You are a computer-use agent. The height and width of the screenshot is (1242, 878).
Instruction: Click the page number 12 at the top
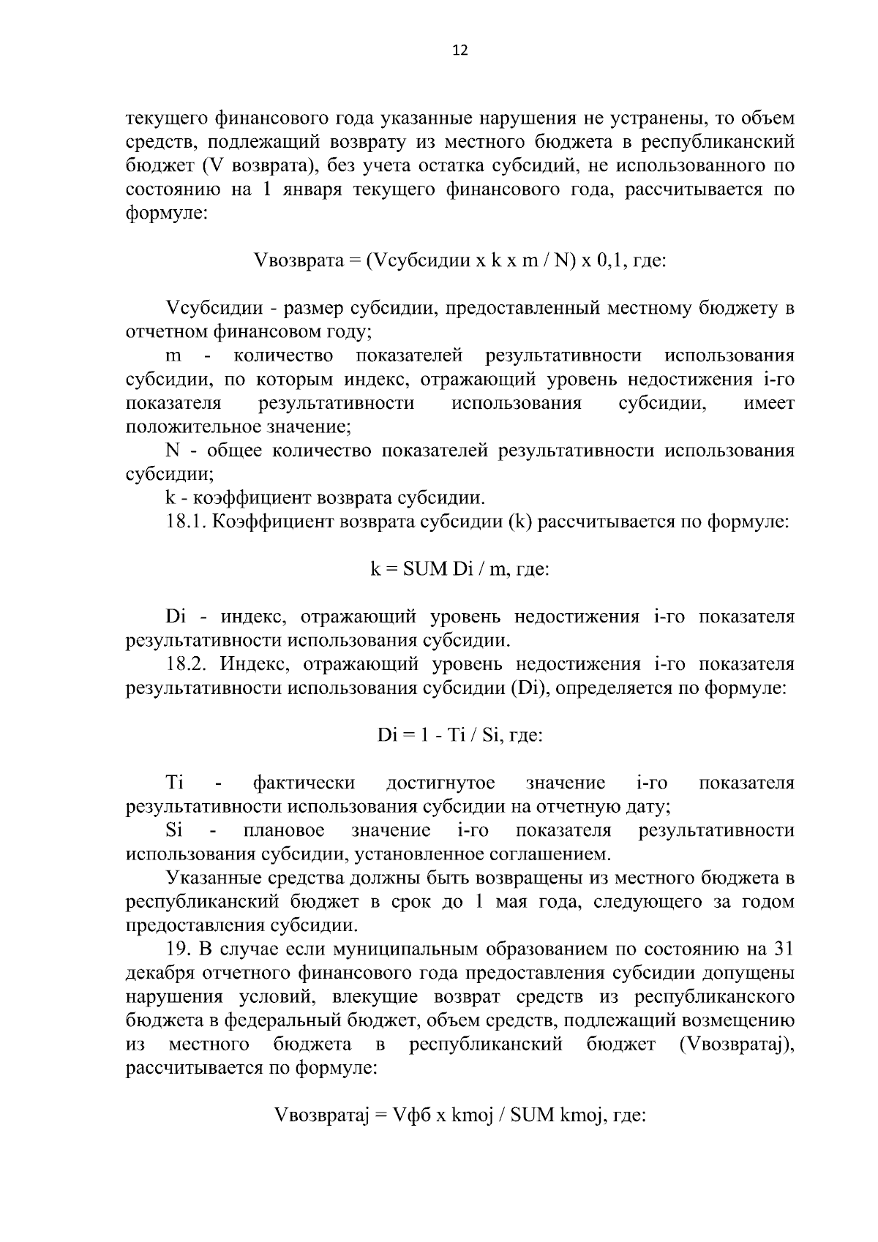click(x=460, y=50)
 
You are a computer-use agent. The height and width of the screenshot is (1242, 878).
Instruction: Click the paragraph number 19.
click(x=179, y=949)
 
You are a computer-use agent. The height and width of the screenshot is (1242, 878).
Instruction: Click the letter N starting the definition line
click(x=173, y=451)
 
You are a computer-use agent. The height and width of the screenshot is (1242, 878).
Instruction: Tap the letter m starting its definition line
click(x=173, y=356)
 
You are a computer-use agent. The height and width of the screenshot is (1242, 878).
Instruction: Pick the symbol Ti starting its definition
click(x=174, y=783)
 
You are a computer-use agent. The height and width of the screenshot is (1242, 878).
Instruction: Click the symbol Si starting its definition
click(x=174, y=831)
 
